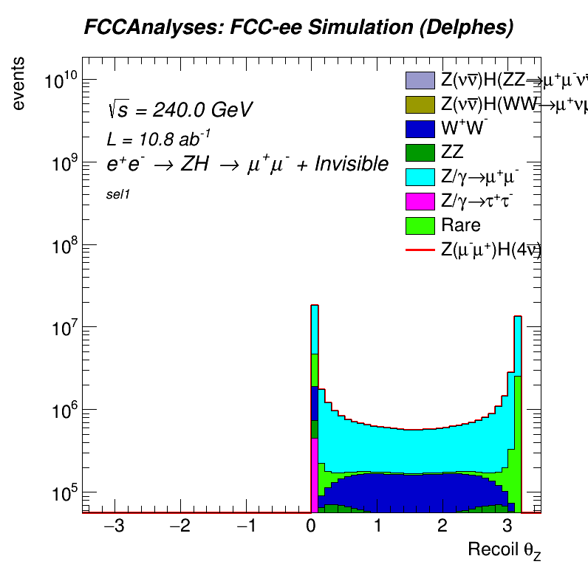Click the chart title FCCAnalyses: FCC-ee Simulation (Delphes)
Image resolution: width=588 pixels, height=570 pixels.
point(298,27)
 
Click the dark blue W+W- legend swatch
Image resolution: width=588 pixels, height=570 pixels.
point(419,128)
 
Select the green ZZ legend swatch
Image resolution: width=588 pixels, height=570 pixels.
point(419,152)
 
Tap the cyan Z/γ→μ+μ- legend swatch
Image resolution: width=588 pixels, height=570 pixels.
point(419,176)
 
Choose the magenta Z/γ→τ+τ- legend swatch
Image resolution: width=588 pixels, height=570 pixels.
point(419,201)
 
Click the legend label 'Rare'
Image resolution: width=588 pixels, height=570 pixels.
point(460,225)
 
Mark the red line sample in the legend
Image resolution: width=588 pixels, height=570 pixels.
point(419,250)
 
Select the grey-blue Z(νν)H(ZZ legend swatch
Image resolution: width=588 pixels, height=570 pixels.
point(419,79)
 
